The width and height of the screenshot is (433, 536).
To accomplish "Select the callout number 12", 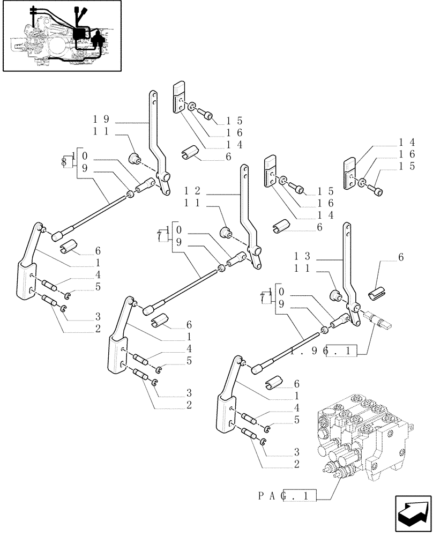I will [x=192, y=191].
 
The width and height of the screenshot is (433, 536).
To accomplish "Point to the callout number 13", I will [x=302, y=256].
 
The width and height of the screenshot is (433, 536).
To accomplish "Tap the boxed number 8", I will [x=64, y=160].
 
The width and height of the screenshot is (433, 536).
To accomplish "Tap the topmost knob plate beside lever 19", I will [x=179, y=97].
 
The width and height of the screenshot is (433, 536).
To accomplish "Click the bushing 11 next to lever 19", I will [x=133, y=158].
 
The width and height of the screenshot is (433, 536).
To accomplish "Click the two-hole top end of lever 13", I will [x=347, y=230].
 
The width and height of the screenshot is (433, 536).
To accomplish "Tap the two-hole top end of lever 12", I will [x=244, y=173].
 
